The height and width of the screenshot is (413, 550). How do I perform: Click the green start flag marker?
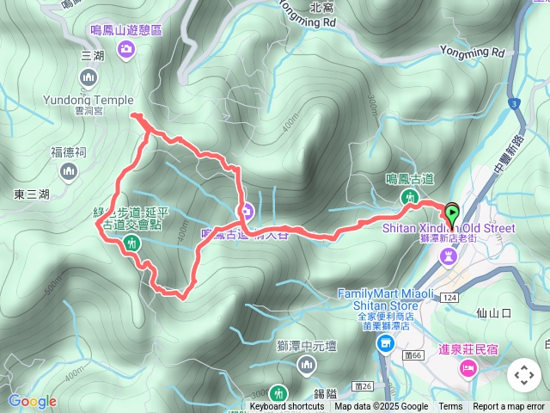pyautogui.click(x=452, y=213)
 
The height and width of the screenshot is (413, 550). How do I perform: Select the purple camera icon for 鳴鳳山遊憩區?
pyautogui.click(x=126, y=50)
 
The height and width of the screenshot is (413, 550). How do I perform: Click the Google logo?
pyautogui.click(x=32, y=401)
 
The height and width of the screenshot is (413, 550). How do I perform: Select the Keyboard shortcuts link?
pyautogui.click(x=287, y=407)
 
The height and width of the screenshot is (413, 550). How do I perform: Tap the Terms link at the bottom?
pyautogui.click(x=450, y=407)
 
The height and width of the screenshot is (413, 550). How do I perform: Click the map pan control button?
pyautogui.click(x=523, y=375)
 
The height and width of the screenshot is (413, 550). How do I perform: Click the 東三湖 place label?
pyautogui.click(x=32, y=194)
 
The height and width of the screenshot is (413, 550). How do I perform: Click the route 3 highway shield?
pyautogui.click(x=514, y=104)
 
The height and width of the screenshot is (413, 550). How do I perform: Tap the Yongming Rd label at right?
pyautogui.click(x=474, y=52)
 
